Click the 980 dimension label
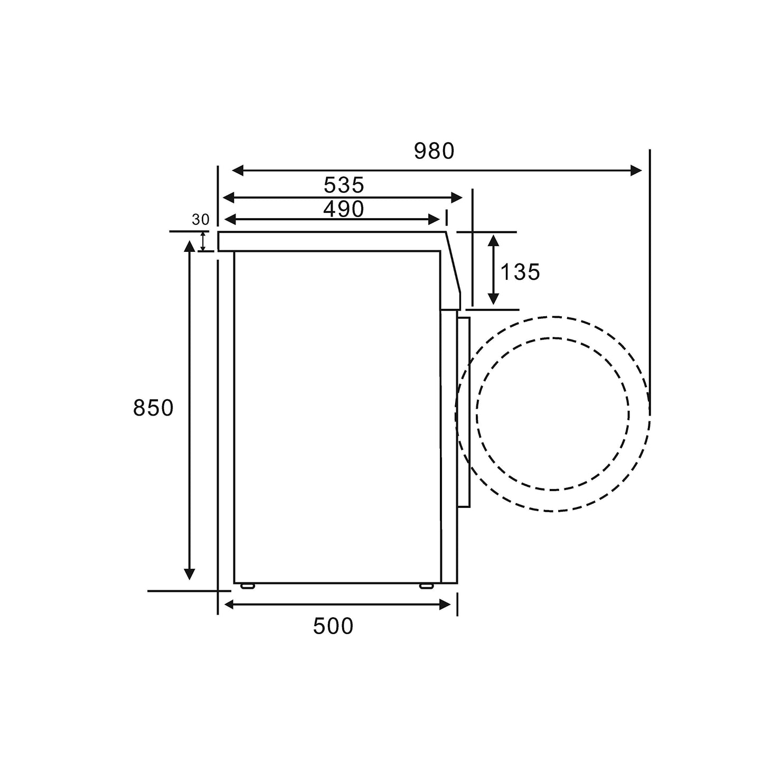[x=434, y=152]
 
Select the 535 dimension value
[x=344, y=185]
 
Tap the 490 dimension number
[x=344, y=209]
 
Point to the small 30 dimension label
[x=201, y=220]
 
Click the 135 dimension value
[x=520, y=272]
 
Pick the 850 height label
[x=153, y=408]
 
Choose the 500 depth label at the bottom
[x=333, y=626]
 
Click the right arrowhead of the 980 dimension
[x=636, y=171]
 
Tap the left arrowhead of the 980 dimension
[x=238, y=171]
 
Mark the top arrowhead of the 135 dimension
[x=493, y=241]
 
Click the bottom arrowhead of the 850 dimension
[x=189, y=574]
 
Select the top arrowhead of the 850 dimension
[x=189, y=247]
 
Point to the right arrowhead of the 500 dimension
[x=445, y=605]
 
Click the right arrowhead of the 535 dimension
[x=456, y=198]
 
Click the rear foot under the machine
[x=247, y=586]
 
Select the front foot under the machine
[x=426, y=586]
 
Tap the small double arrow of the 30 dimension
[x=203, y=241]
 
